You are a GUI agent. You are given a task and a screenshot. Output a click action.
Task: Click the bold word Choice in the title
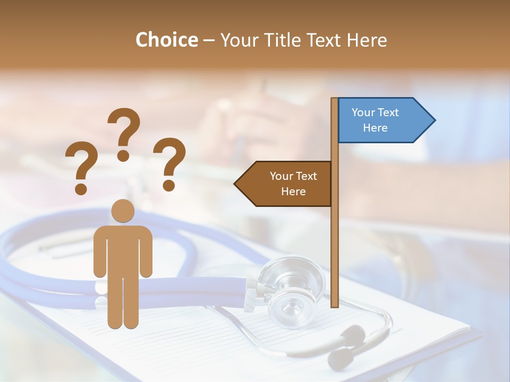point(166,40)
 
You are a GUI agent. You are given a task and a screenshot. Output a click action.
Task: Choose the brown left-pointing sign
point(287,184)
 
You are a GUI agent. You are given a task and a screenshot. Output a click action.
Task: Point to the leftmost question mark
point(81,167)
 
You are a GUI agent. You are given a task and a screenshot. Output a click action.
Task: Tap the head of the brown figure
point(123,211)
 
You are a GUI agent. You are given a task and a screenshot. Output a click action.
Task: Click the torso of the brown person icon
point(123,249)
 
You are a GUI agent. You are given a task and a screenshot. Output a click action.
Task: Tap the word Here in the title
point(367,40)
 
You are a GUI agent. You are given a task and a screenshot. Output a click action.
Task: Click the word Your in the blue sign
point(363,112)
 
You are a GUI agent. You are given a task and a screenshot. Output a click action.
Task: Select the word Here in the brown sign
point(293,192)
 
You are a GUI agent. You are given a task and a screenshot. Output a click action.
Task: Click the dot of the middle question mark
point(124,155)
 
